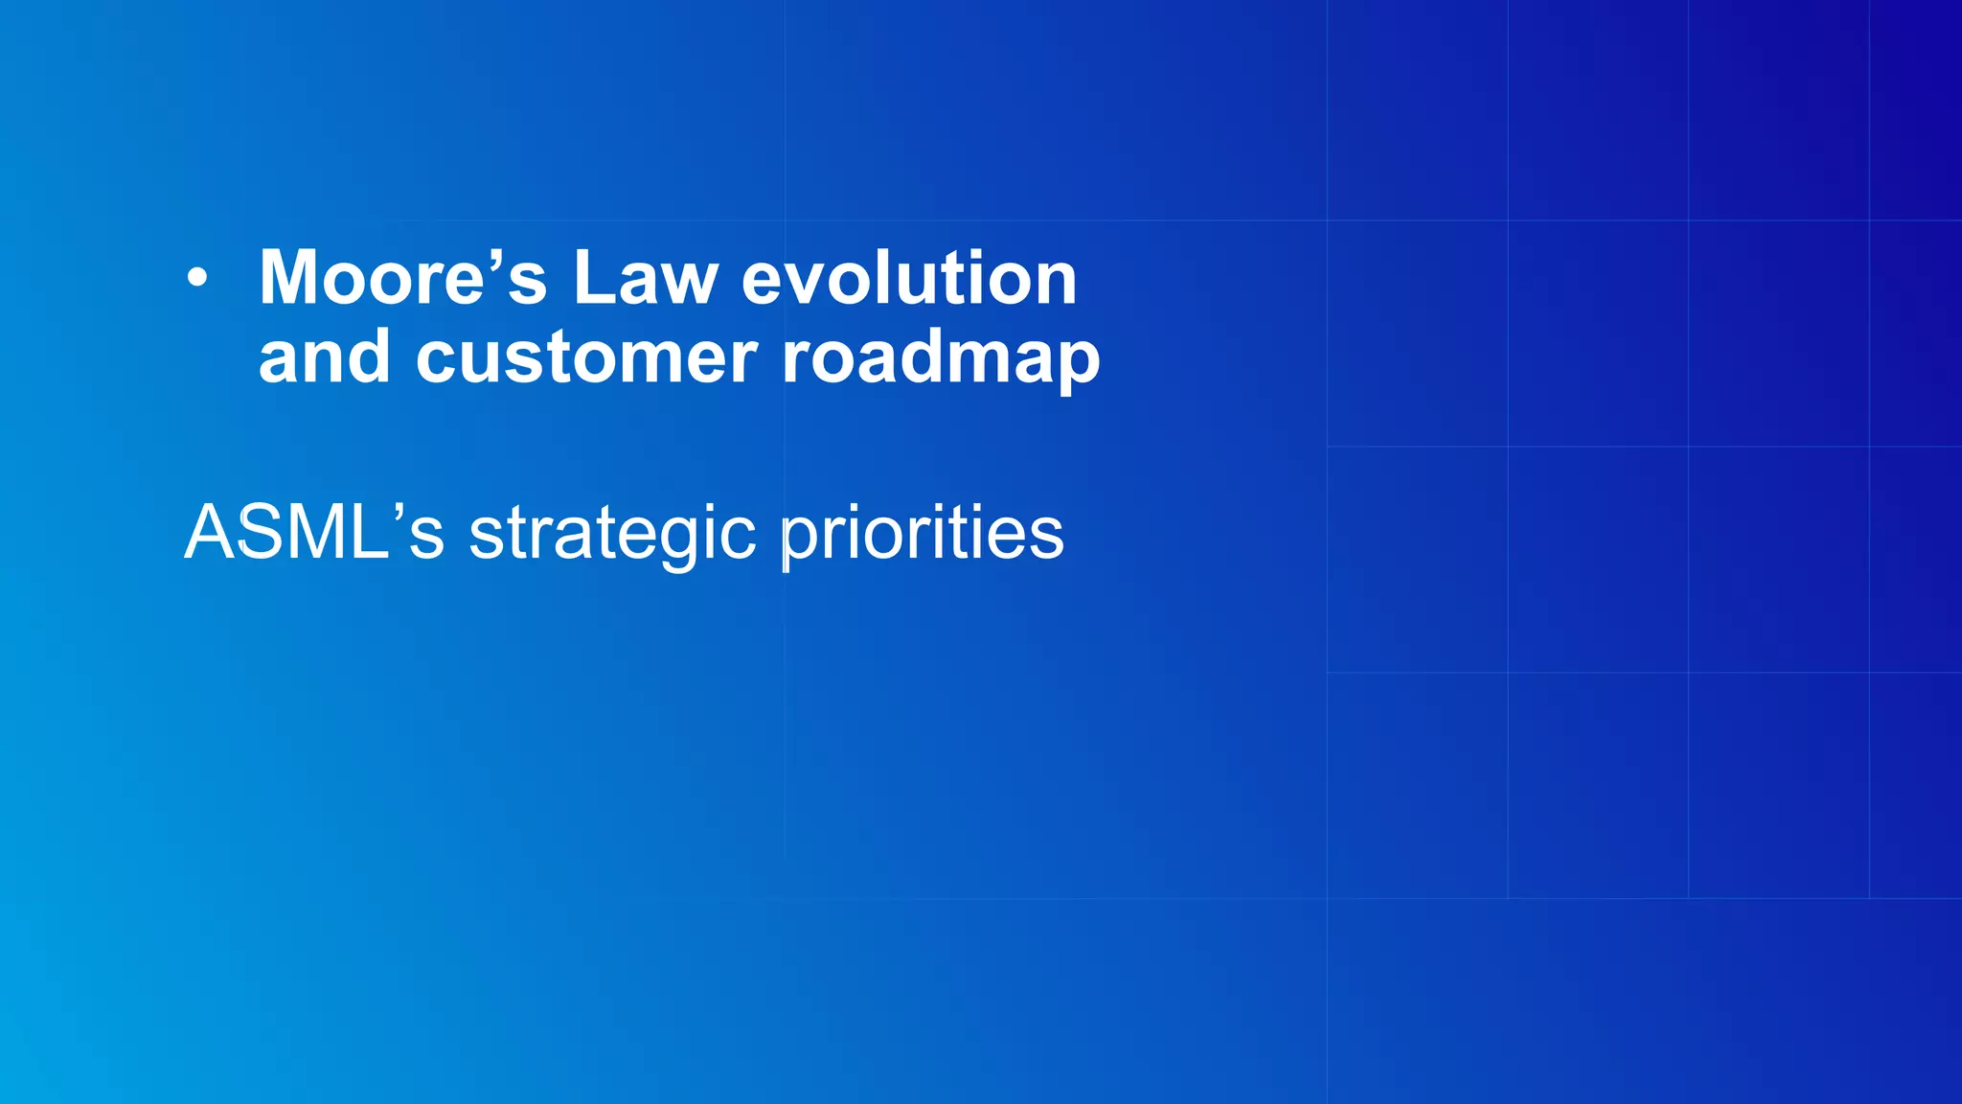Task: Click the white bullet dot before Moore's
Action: pos(196,279)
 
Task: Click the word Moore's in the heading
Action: pos(402,279)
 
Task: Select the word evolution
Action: pos(909,279)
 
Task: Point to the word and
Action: pos(325,357)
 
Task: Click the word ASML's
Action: pos(314,533)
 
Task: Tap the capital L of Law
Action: pos(594,279)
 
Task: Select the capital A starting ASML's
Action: pos(208,533)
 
